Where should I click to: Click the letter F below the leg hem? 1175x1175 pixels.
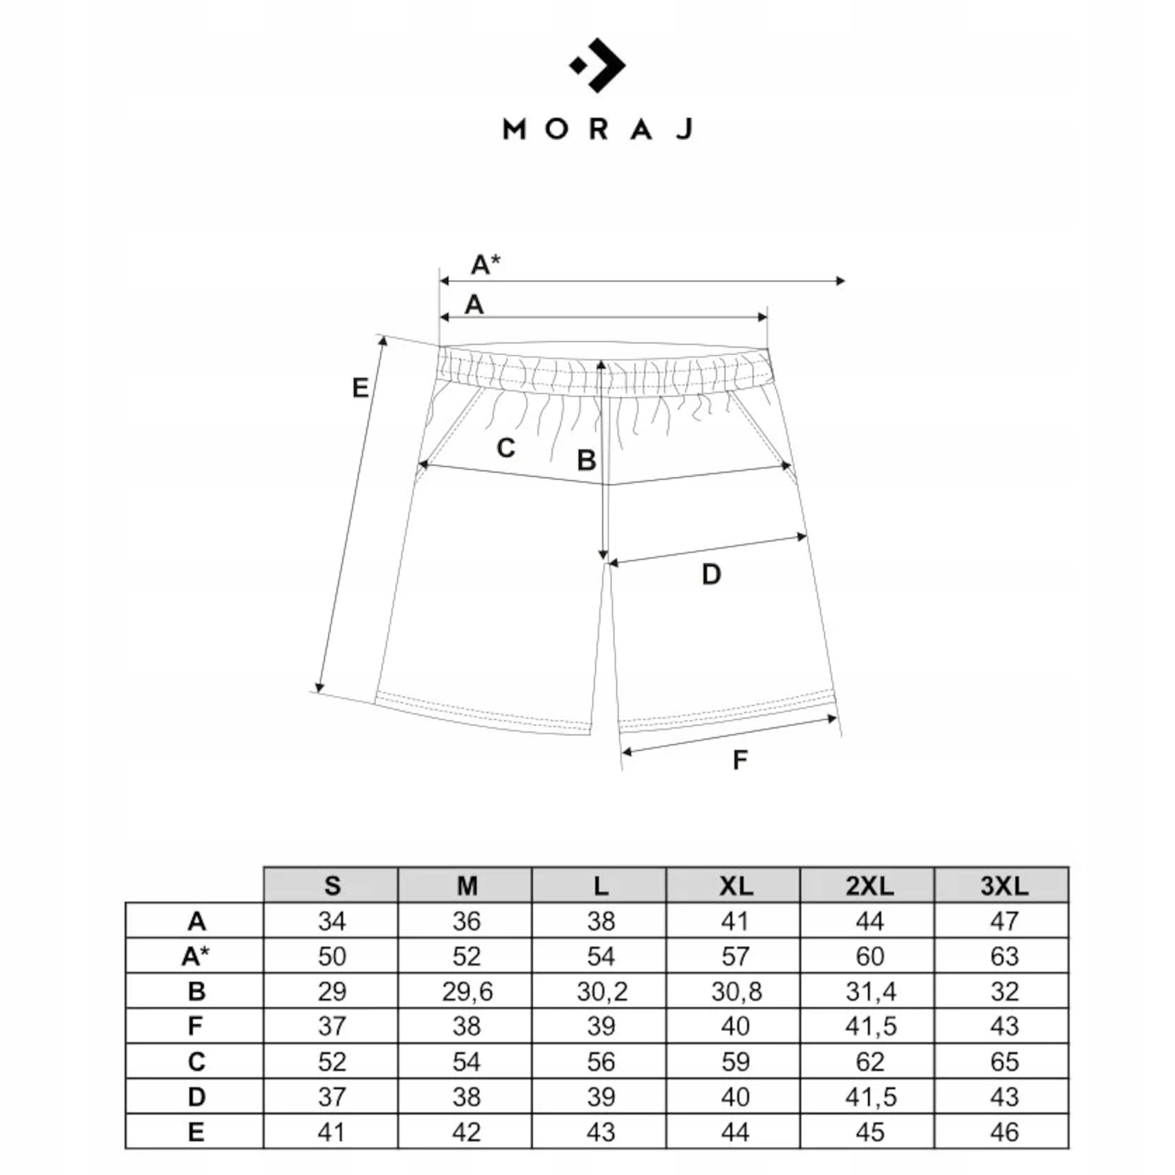739,760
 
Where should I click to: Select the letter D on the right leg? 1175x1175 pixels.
711,574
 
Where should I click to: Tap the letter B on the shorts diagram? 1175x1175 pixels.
586,460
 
